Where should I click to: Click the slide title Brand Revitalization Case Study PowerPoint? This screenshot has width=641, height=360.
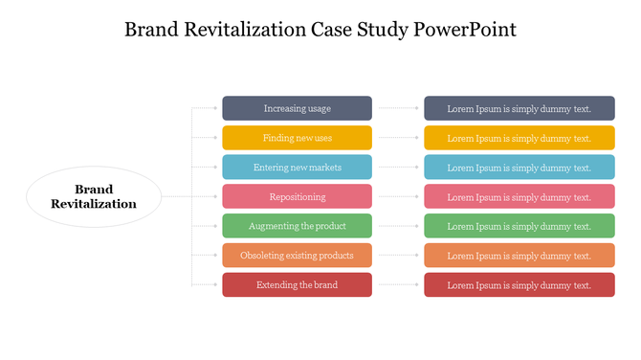coord(320,29)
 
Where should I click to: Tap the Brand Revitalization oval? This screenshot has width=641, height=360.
coord(94,196)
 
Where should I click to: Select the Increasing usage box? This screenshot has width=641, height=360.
coord(297,108)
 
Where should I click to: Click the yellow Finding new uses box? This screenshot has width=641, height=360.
coord(297,138)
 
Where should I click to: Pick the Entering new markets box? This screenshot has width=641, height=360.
coord(297,168)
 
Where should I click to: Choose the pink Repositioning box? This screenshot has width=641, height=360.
coord(297,196)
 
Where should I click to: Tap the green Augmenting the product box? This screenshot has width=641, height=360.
coord(297,226)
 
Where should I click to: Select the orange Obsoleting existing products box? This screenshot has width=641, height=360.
coord(297,256)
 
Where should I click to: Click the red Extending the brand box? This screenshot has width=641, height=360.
coord(297,284)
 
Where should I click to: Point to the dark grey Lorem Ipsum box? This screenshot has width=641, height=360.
coord(519,108)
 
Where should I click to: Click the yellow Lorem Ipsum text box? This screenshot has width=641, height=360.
coord(519,138)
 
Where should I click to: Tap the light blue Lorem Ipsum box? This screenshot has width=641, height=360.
coord(519,168)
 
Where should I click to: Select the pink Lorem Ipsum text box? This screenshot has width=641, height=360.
coord(519,196)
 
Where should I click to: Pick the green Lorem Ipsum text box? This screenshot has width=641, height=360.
coord(519,226)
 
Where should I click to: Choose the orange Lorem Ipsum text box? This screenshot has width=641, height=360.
coord(519,256)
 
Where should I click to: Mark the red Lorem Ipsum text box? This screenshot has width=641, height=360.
coord(519,284)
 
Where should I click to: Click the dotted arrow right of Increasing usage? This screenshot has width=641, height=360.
coord(398,108)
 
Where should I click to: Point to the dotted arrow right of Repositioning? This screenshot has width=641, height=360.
coord(398,196)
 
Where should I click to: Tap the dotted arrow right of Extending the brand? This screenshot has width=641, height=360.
coord(398,284)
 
